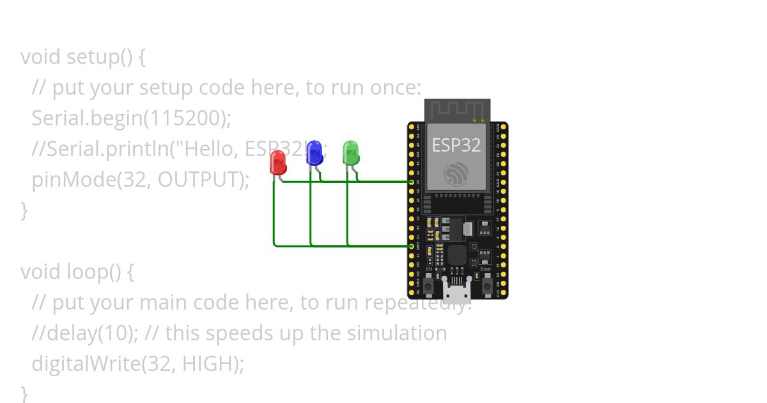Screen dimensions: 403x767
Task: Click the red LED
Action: (278, 162)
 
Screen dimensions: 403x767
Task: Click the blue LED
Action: (314, 154)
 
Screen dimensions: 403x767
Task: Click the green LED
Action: (351, 154)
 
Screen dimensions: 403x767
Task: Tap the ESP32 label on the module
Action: (456, 145)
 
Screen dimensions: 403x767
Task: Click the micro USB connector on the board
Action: (456, 292)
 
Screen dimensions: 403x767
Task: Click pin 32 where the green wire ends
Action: (412, 182)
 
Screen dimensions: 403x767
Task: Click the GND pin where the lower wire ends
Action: (412, 246)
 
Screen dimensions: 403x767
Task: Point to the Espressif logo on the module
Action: (456, 173)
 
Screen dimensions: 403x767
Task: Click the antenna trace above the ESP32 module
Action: (456, 110)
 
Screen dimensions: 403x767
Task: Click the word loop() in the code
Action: (94, 272)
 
